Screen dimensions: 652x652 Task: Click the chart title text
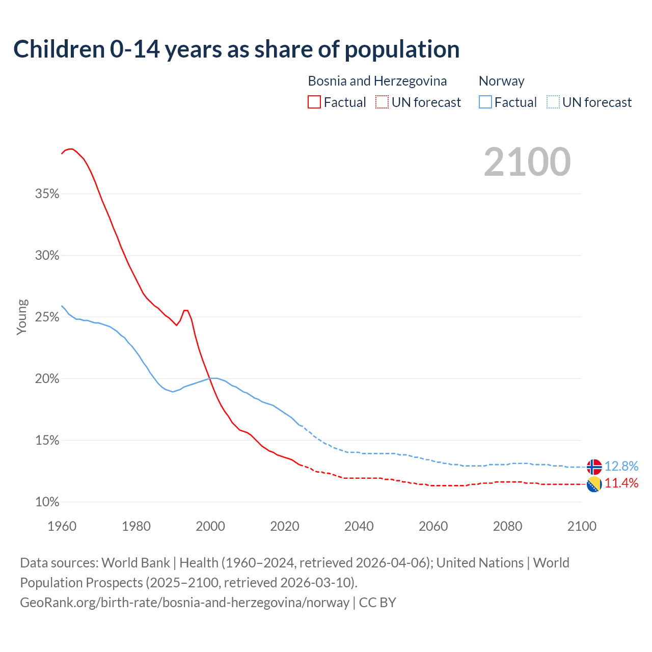click(x=236, y=49)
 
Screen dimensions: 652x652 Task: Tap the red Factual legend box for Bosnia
click(x=314, y=102)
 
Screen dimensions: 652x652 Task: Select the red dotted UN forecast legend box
click(x=382, y=102)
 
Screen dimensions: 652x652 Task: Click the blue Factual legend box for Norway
click(x=485, y=102)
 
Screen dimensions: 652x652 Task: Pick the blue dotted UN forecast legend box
click(x=553, y=102)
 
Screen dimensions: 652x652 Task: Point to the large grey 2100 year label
click(x=527, y=162)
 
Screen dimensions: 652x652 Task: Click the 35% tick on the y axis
click(x=47, y=194)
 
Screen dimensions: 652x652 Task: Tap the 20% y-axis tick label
click(x=47, y=379)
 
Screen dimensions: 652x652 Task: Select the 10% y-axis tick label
click(x=47, y=502)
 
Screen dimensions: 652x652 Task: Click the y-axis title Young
click(x=22, y=317)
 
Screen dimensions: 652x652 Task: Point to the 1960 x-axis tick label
click(x=62, y=526)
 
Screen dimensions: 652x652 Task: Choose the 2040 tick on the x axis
click(x=359, y=526)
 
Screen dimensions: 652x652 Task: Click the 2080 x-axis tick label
click(x=507, y=526)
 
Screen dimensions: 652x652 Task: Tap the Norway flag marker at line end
click(x=594, y=467)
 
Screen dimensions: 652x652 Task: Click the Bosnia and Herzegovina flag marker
click(x=594, y=484)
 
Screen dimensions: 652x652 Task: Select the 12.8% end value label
click(x=621, y=466)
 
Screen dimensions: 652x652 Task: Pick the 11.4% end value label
click(x=621, y=483)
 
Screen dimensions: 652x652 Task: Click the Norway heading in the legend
click(x=501, y=81)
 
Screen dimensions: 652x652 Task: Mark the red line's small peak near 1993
click(x=186, y=310)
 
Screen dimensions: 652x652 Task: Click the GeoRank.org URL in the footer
click(x=184, y=603)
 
